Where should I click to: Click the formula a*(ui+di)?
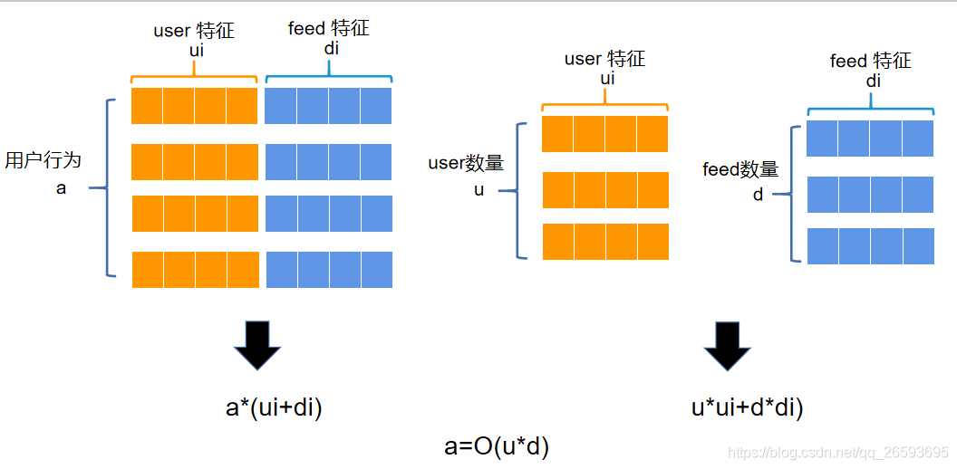click(x=274, y=408)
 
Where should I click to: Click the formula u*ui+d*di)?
click(x=747, y=408)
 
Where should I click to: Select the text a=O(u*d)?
click(x=497, y=445)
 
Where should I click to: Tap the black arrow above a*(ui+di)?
click(x=258, y=346)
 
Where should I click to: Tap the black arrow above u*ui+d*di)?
click(x=728, y=346)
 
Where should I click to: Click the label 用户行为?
click(x=43, y=160)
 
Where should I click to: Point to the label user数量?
click(x=466, y=164)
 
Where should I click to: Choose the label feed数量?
click(x=740, y=169)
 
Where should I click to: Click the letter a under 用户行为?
click(x=61, y=189)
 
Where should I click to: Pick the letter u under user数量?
click(x=478, y=191)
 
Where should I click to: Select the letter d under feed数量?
click(x=758, y=194)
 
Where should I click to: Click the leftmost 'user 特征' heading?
click(x=194, y=31)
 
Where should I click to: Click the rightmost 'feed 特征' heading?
click(x=870, y=61)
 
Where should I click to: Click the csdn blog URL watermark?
click(x=838, y=452)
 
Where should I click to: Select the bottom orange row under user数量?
click(x=605, y=242)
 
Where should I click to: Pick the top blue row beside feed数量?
click(x=870, y=139)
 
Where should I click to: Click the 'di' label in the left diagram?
click(x=331, y=48)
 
